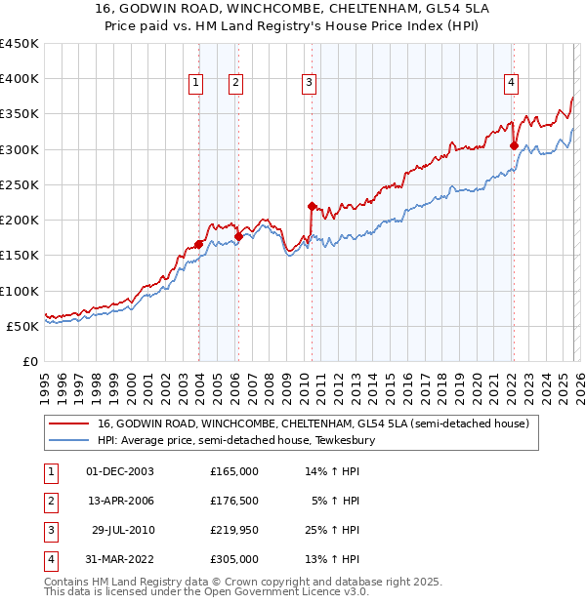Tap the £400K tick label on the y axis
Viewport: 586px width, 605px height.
[x=20, y=79]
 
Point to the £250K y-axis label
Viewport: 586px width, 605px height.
[x=20, y=184]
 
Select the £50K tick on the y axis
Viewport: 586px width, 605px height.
[x=23, y=326]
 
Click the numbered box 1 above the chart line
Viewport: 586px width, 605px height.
[x=196, y=84]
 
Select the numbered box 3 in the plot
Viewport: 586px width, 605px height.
[x=309, y=84]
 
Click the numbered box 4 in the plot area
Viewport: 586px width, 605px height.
[x=511, y=84]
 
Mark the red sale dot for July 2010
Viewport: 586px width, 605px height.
[x=312, y=206]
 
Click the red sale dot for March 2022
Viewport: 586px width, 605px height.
[x=514, y=146]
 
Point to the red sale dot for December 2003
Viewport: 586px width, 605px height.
[x=198, y=245]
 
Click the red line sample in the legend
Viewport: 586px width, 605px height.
[x=68, y=424]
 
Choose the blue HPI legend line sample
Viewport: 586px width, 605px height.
[x=68, y=440]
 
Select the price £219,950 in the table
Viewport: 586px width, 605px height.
[x=233, y=530]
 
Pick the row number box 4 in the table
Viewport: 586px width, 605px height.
[x=50, y=559]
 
